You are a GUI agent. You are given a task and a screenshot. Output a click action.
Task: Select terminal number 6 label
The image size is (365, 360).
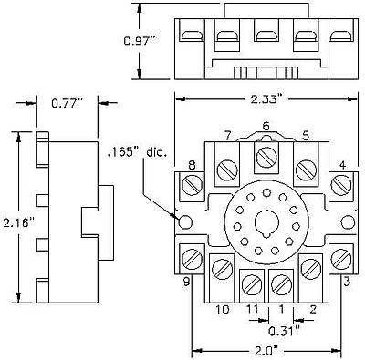click(266, 126)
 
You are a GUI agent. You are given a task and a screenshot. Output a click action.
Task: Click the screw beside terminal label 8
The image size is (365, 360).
click(193, 186)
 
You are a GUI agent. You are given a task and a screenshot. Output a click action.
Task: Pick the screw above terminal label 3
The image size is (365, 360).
click(340, 257)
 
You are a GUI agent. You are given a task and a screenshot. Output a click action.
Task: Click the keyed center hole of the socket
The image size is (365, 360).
click(266, 221)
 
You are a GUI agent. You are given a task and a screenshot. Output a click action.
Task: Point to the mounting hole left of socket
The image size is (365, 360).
click(186, 221)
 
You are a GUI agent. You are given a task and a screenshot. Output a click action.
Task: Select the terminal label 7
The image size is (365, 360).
click(226, 136)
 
